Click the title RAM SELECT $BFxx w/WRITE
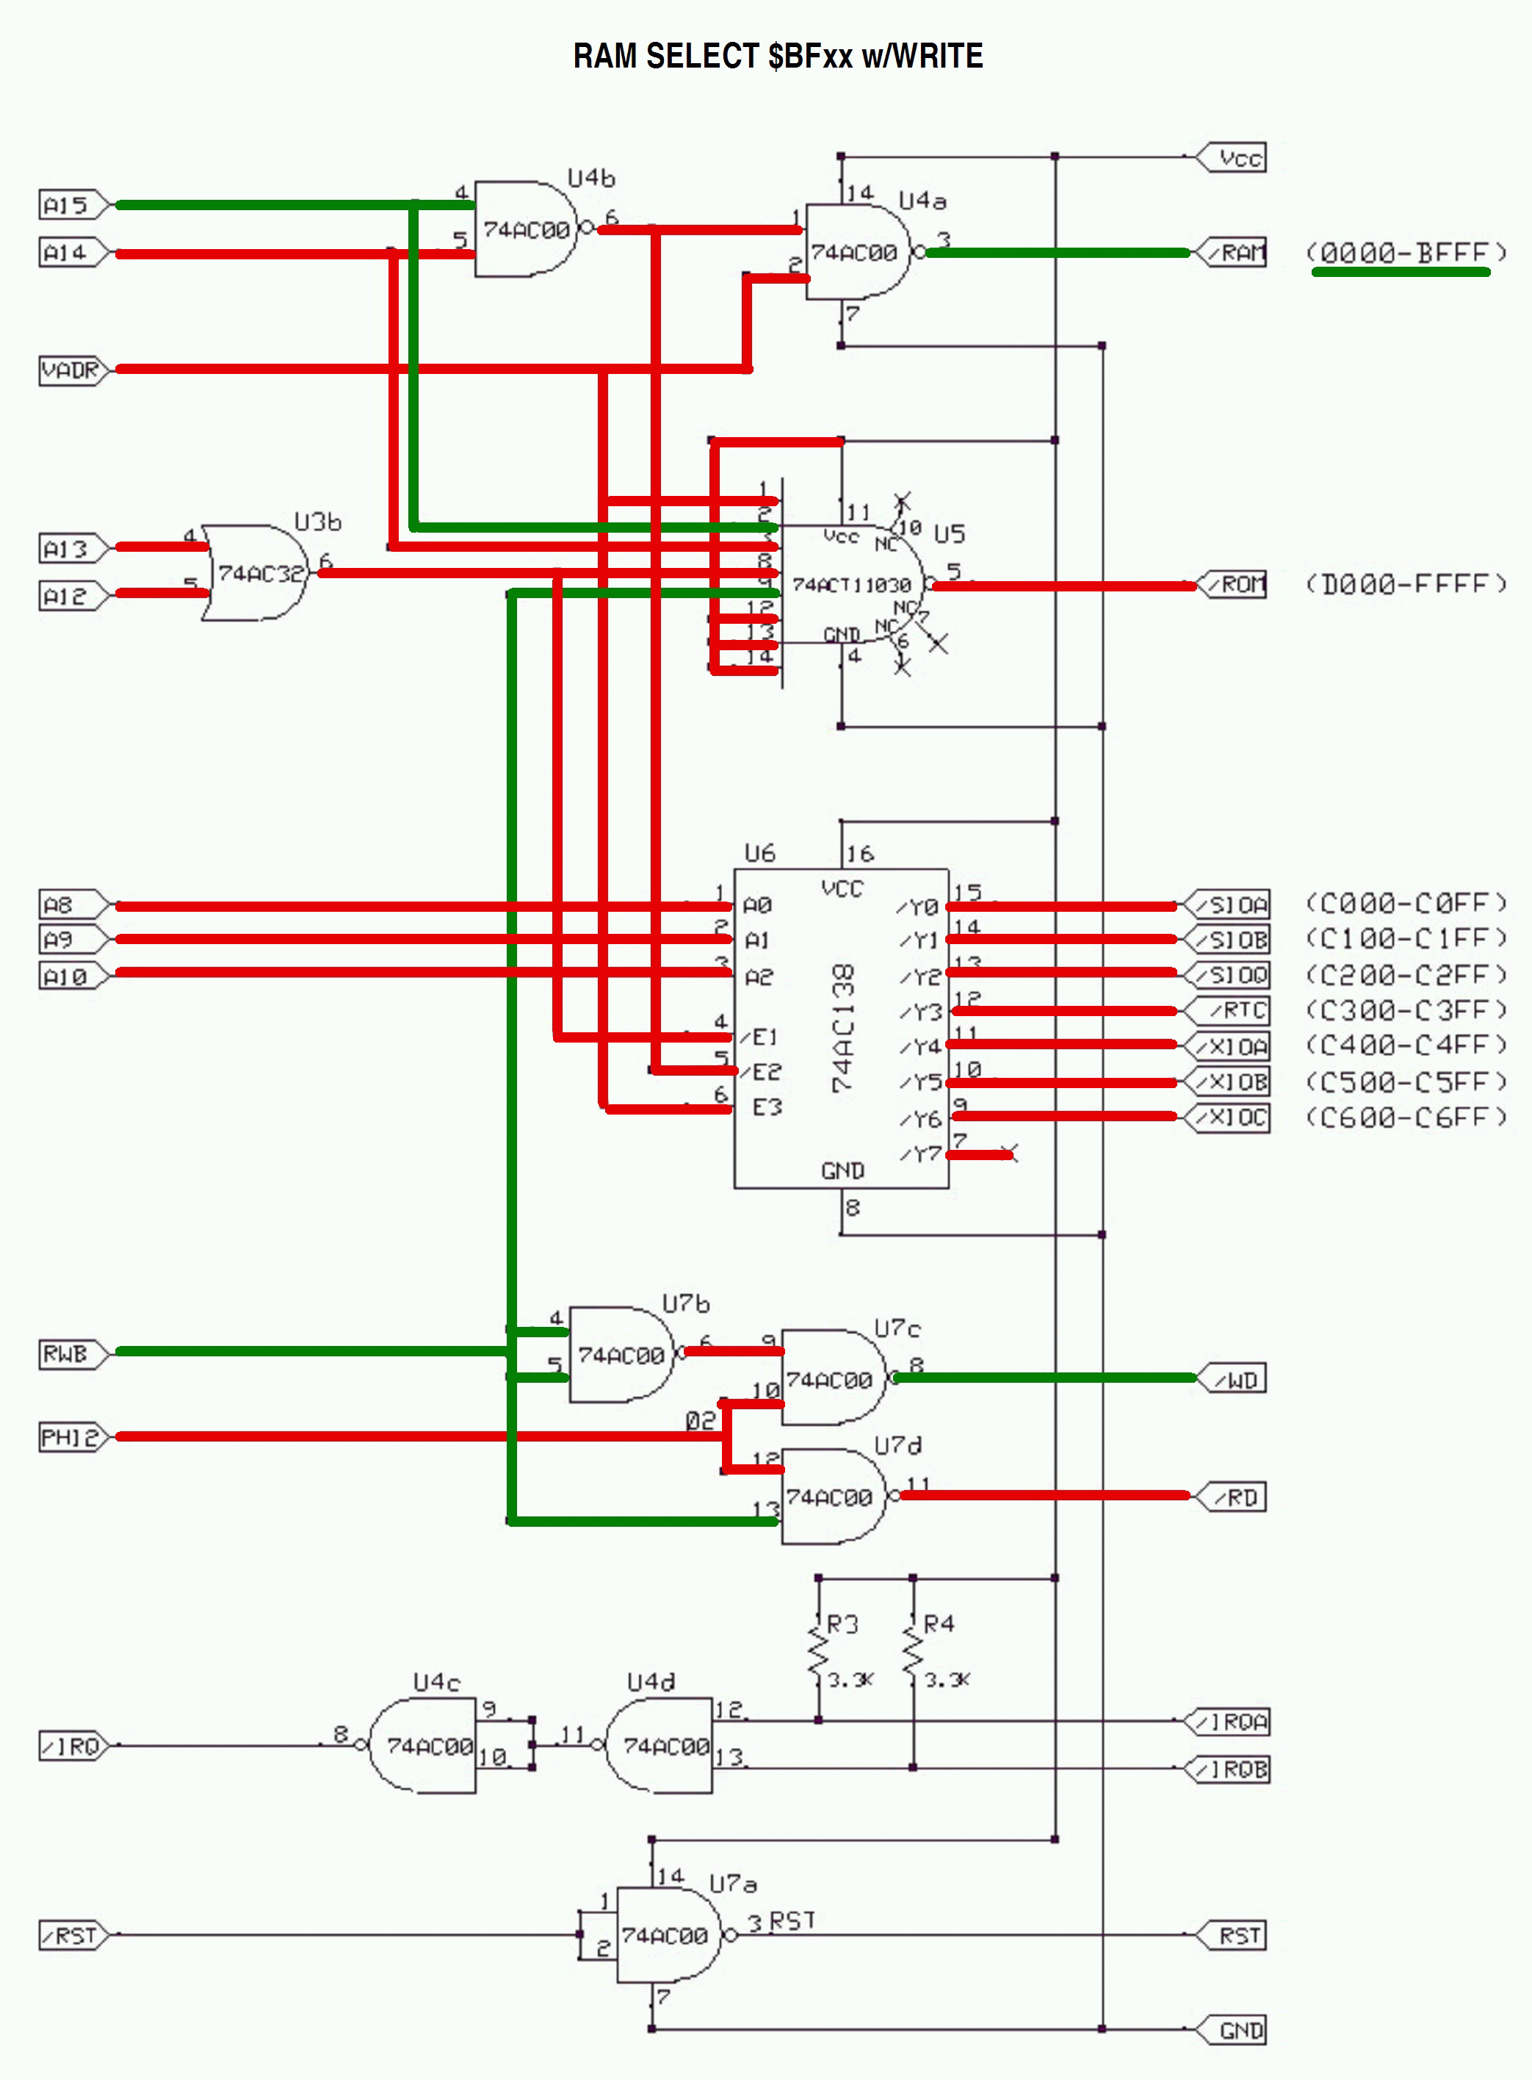[x=777, y=56]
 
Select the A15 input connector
[x=72, y=205]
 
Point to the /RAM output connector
[x=1233, y=252]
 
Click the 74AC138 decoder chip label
[x=842, y=1028]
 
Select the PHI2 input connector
[x=72, y=1437]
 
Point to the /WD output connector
[x=1233, y=1380]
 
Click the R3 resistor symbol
[x=818, y=1653]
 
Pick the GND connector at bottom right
[x=1233, y=2031]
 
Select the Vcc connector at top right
[x=1233, y=158]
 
